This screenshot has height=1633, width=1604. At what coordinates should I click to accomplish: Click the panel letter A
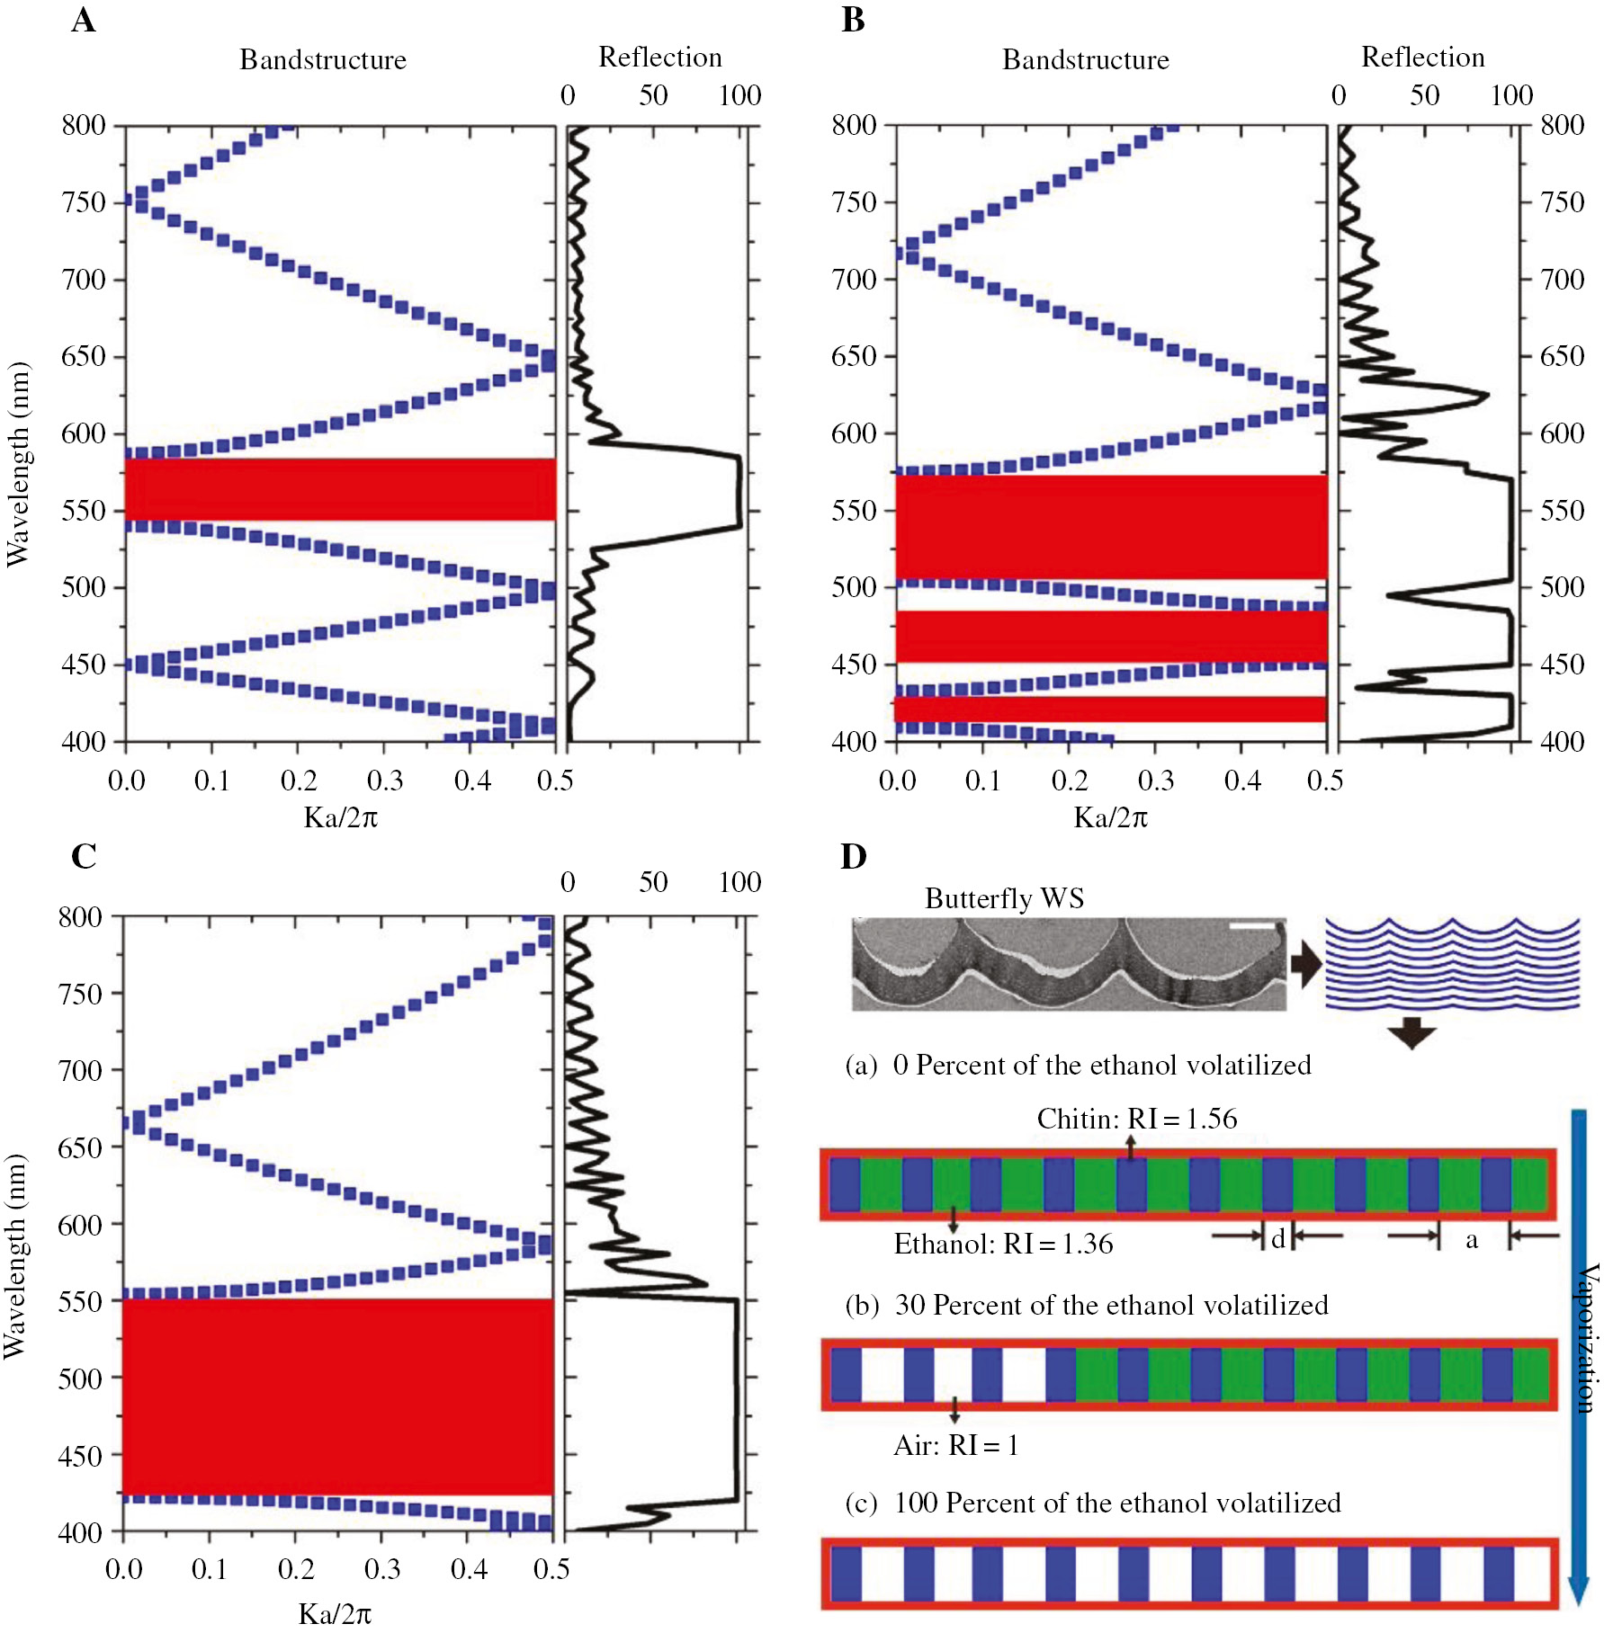(x=83, y=20)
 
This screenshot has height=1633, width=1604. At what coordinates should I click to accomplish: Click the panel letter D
(x=853, y=855)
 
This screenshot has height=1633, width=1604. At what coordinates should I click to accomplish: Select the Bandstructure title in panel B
(x=1085, y=59)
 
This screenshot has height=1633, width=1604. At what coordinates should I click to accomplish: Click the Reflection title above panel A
(x=659, y=57)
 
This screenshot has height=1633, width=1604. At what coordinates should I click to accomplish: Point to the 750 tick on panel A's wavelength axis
(x=84, y=202)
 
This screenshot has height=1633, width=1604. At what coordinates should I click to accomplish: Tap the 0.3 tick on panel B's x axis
(x=1155, y=780)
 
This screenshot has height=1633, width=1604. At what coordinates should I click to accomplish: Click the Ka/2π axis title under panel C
(x=335, y=1613)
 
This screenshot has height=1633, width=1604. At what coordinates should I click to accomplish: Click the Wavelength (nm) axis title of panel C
(x=15, y=1255)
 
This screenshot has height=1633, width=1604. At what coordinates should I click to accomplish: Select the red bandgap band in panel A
(x=340, y=489)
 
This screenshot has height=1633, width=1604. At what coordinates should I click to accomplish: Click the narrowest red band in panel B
(x=1111, y=709)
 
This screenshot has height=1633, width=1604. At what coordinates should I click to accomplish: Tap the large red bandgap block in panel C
(x=337, y=1397)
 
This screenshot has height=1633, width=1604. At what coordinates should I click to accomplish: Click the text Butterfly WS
(x=1004, y=898)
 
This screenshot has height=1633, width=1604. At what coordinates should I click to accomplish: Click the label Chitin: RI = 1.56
(x=1136, y=1119)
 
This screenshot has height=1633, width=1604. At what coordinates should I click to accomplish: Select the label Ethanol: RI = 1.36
(x=1003, y=1244)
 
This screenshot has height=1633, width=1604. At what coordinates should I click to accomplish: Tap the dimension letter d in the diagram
(x=1277, y=1239)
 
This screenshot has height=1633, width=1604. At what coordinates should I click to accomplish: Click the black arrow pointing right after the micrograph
(x=1305, y=966)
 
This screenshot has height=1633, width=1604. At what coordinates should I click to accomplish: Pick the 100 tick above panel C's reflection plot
(x=739, y=882)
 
